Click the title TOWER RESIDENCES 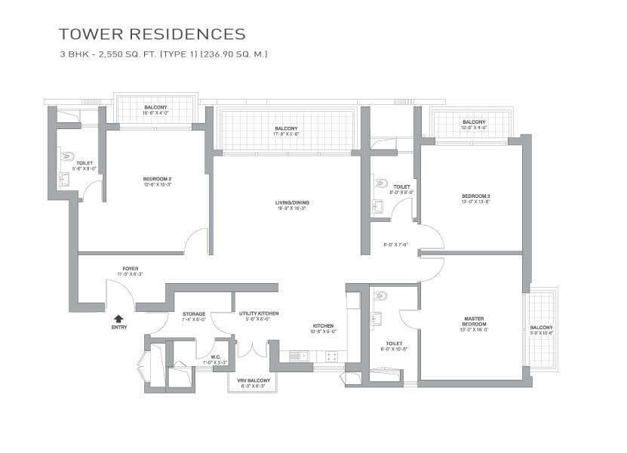pyautogui.click(x=152, y=34)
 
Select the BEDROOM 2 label pyautogui.click(x=158, y=180)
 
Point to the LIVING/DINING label pyautogui.click(x=292, y=202)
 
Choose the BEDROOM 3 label pyautogui.click(x=476, y=196)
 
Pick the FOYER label pyautogui.click(x=131, y=268)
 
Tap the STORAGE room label pyautogui.click(x=193, y=313)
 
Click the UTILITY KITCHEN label pyautogui.click(x=259, y=313)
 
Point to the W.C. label pyautogui.click(x=215, y=357)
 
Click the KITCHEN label pyautogui.click(x=324, y=326)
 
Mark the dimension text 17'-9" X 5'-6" pyautogui.click(x=286, y=132)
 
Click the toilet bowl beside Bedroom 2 pyautogui.click(x=68, y=157)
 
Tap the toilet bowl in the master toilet pyautogui.click(x=380, y=297)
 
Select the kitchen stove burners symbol pyautogui.click(x=330, y=356)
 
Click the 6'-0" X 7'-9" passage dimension pyautogui.click(x=395, y=244)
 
